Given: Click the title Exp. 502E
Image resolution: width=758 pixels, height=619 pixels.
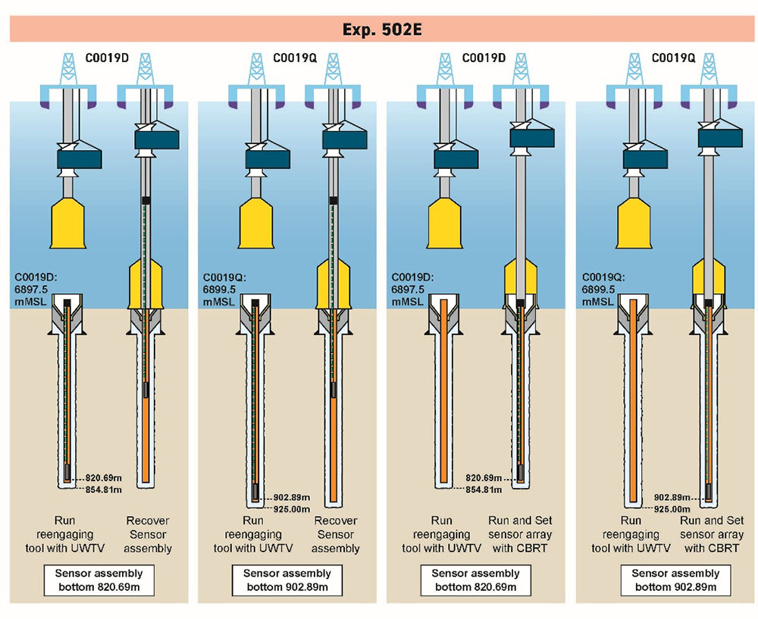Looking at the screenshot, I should pos(378,30).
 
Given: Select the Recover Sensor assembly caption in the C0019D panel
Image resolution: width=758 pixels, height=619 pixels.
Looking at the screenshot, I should pos(147,534).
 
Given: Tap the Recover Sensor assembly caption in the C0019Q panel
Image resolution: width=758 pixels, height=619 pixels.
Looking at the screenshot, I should pos(335,534).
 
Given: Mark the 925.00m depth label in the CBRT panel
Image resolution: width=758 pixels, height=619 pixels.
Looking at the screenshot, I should pos(672,509).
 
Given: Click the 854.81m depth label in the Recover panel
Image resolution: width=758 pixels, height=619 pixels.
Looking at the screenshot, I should pos(102,490).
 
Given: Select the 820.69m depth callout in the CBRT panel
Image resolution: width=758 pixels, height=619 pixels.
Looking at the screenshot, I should pos(484,479).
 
